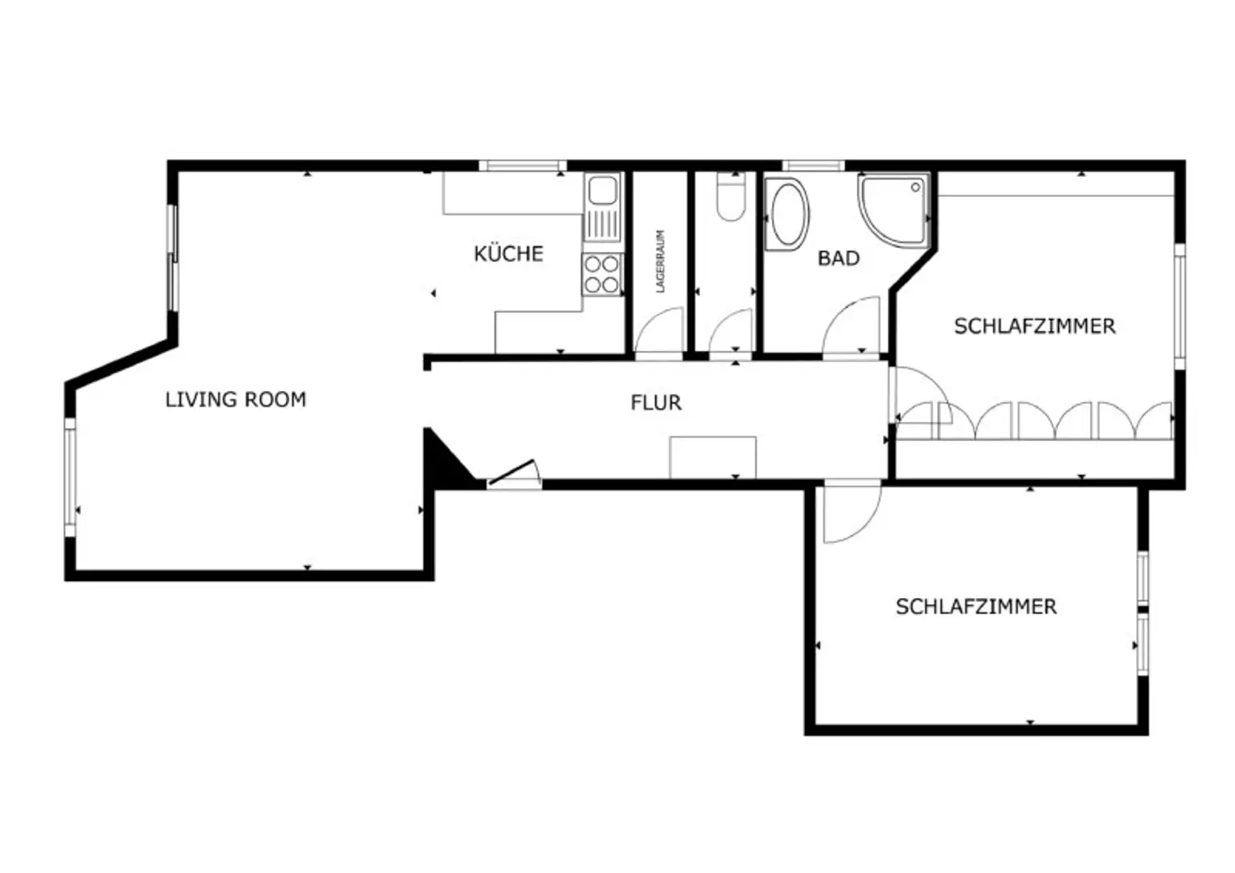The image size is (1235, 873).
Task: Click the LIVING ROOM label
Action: point(236,400)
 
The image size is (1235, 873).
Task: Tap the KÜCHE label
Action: point(508,253)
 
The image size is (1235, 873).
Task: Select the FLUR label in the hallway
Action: point(656,403)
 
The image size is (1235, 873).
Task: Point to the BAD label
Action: point(839,258)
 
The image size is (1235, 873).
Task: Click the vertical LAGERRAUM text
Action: point(660,261)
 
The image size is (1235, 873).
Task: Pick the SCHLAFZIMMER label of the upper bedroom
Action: point(1035,326)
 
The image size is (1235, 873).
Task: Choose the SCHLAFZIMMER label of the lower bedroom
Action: point(976,607)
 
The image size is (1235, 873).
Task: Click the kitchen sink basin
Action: point(602,191)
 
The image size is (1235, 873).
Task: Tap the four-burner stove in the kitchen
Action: point(601,274)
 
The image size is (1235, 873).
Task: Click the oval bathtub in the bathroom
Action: point(788,215)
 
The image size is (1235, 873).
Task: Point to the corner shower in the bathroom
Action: point(894,210)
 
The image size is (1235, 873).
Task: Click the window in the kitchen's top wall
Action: point(523,166)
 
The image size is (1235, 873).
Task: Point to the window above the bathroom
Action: point(814,166)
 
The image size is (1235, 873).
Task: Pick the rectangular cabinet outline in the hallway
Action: point(713,458)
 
